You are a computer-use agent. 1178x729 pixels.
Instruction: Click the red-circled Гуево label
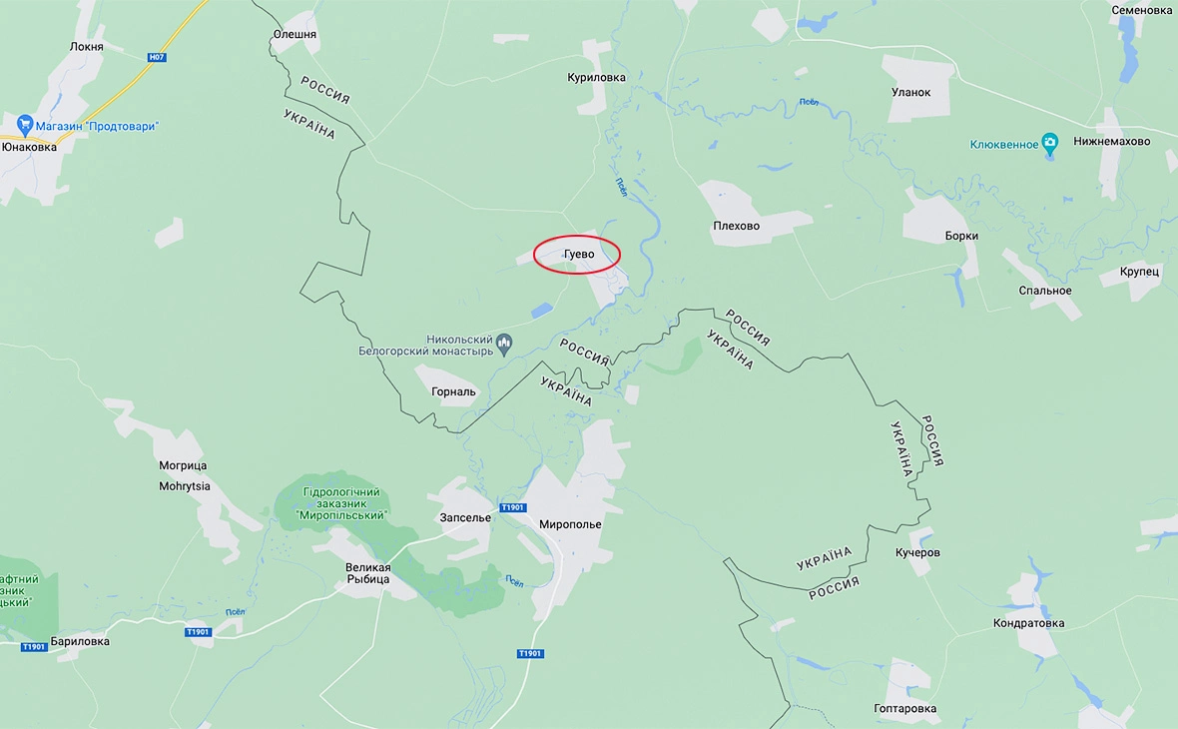[578, 255]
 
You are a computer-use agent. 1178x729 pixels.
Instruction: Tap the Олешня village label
[294, 34]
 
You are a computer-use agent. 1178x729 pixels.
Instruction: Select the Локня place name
[87, 47]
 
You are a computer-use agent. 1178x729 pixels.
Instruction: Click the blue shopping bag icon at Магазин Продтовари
[25, 126]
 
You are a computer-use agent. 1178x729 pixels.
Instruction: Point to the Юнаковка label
[29, 147]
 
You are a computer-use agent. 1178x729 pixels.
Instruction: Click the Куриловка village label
[596, 77]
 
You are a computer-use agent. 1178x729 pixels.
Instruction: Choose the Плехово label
[737, 226]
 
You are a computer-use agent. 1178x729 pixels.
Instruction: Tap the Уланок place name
[910, 92]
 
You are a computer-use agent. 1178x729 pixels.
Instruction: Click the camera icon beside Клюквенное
[1050, 144]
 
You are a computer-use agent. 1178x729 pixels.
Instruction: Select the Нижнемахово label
[1112, 141]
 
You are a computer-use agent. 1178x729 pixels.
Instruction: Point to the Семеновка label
[1142, 10]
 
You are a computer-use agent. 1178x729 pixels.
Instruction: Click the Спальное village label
[1047, 291]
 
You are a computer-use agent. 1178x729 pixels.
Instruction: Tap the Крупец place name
[1139, 271]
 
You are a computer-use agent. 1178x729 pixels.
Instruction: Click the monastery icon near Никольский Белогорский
[504, 345]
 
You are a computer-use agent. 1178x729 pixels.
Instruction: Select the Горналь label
[454, 391]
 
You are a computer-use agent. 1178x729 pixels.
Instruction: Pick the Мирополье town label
[570, 524]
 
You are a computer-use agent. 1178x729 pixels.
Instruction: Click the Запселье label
[465, 517]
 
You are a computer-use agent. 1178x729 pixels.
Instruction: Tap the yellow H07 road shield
[156, 57]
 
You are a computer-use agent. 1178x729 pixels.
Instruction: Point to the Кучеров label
[917, 552]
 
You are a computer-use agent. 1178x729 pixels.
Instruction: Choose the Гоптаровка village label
[905, 709]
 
